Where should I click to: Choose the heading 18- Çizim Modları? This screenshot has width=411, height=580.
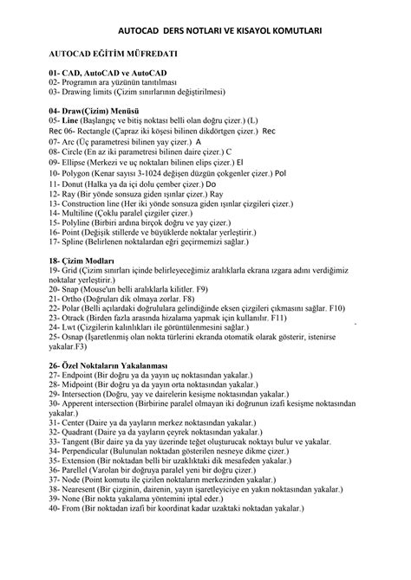click(88, 261)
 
